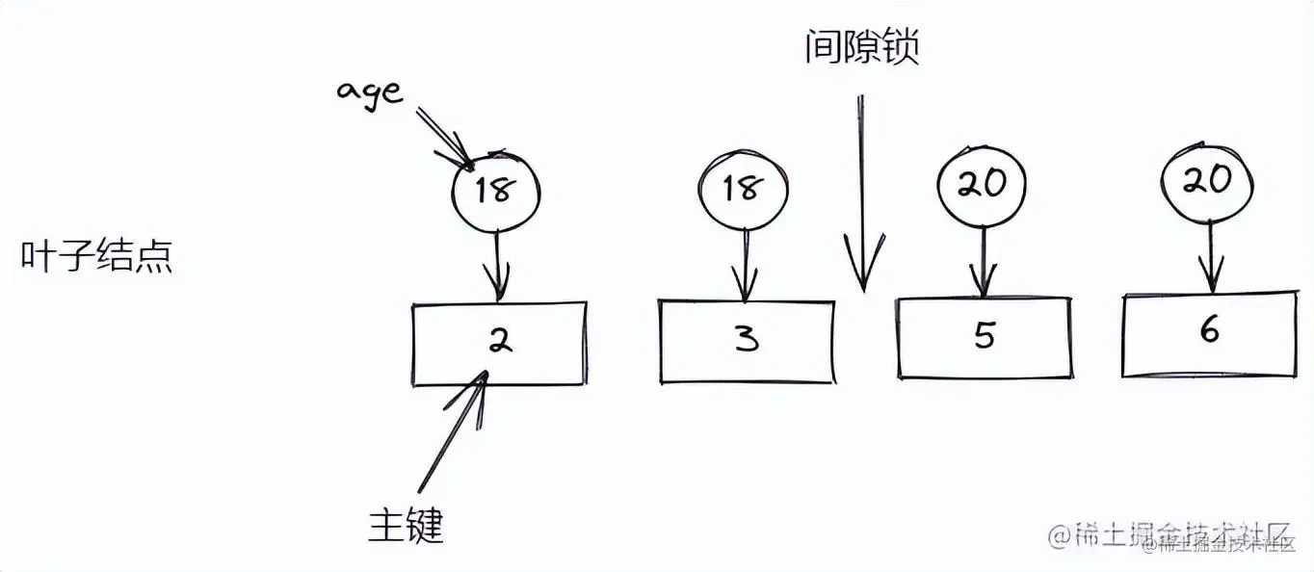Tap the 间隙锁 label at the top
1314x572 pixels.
[861, 45]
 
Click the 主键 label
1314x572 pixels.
[406, 525]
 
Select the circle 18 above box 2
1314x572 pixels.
[495, 192]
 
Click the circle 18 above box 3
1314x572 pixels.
[743, 189]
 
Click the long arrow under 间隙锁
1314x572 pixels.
[862, 193]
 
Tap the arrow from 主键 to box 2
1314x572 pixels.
[452, 432]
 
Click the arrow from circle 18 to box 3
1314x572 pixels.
[744, 265]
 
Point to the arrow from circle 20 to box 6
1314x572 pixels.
[1209, 255]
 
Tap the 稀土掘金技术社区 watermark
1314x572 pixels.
[1169, 535]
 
